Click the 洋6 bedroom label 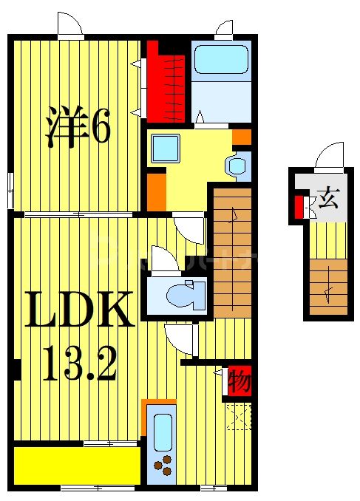point(78,127)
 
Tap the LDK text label point(79,309)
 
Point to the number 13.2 point(79,364)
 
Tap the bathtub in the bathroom point(221,59)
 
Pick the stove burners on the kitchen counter point(163,466)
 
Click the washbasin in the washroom point(237,166)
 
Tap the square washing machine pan point(166,148)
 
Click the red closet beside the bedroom point(166,83)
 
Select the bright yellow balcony point(77,466)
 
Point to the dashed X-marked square point(239,417)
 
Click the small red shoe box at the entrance point(299,208)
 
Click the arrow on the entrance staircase point(328,295)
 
